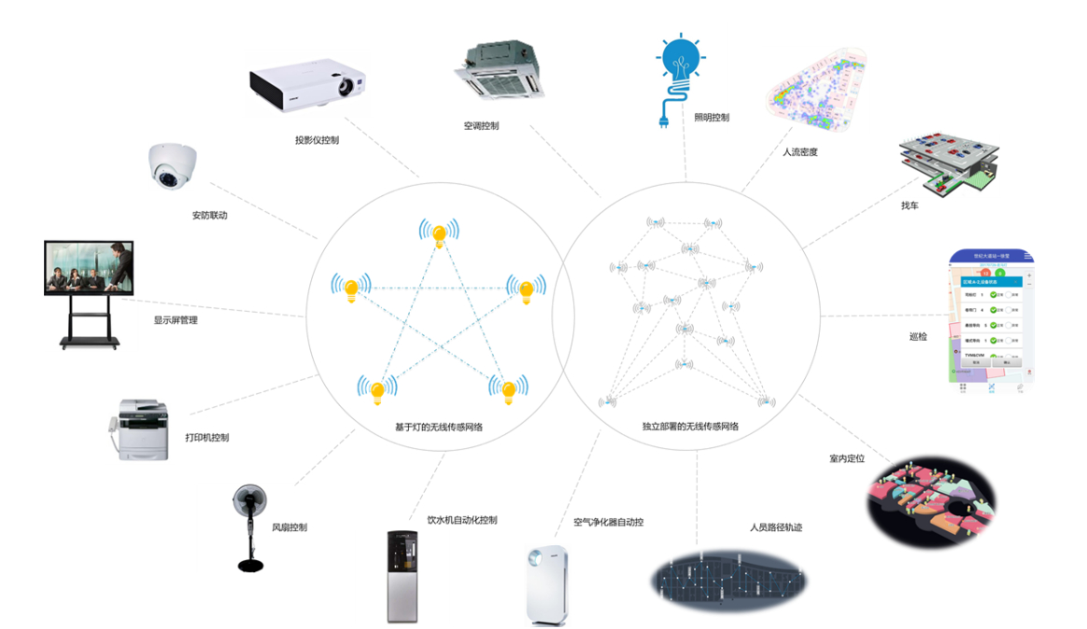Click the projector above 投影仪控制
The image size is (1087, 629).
pos(307,85)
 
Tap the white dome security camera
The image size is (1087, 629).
pos(172,166)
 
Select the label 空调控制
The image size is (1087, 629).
pos(481,126)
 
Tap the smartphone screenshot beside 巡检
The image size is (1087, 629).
pos(992,323)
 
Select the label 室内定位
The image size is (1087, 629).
pos(847,458)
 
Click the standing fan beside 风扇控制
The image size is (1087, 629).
pos(249,527)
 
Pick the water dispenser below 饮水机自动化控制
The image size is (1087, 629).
pos(403,576)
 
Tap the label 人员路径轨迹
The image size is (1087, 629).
pos(776,527)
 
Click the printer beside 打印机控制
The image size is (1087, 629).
pos(139,429)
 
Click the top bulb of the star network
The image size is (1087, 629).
pos(439,233)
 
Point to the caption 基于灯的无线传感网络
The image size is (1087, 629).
pos(439,426)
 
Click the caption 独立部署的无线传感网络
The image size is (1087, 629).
pos(690,426)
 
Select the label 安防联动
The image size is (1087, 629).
pos(210,216)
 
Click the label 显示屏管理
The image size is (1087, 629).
pos(176,320)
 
